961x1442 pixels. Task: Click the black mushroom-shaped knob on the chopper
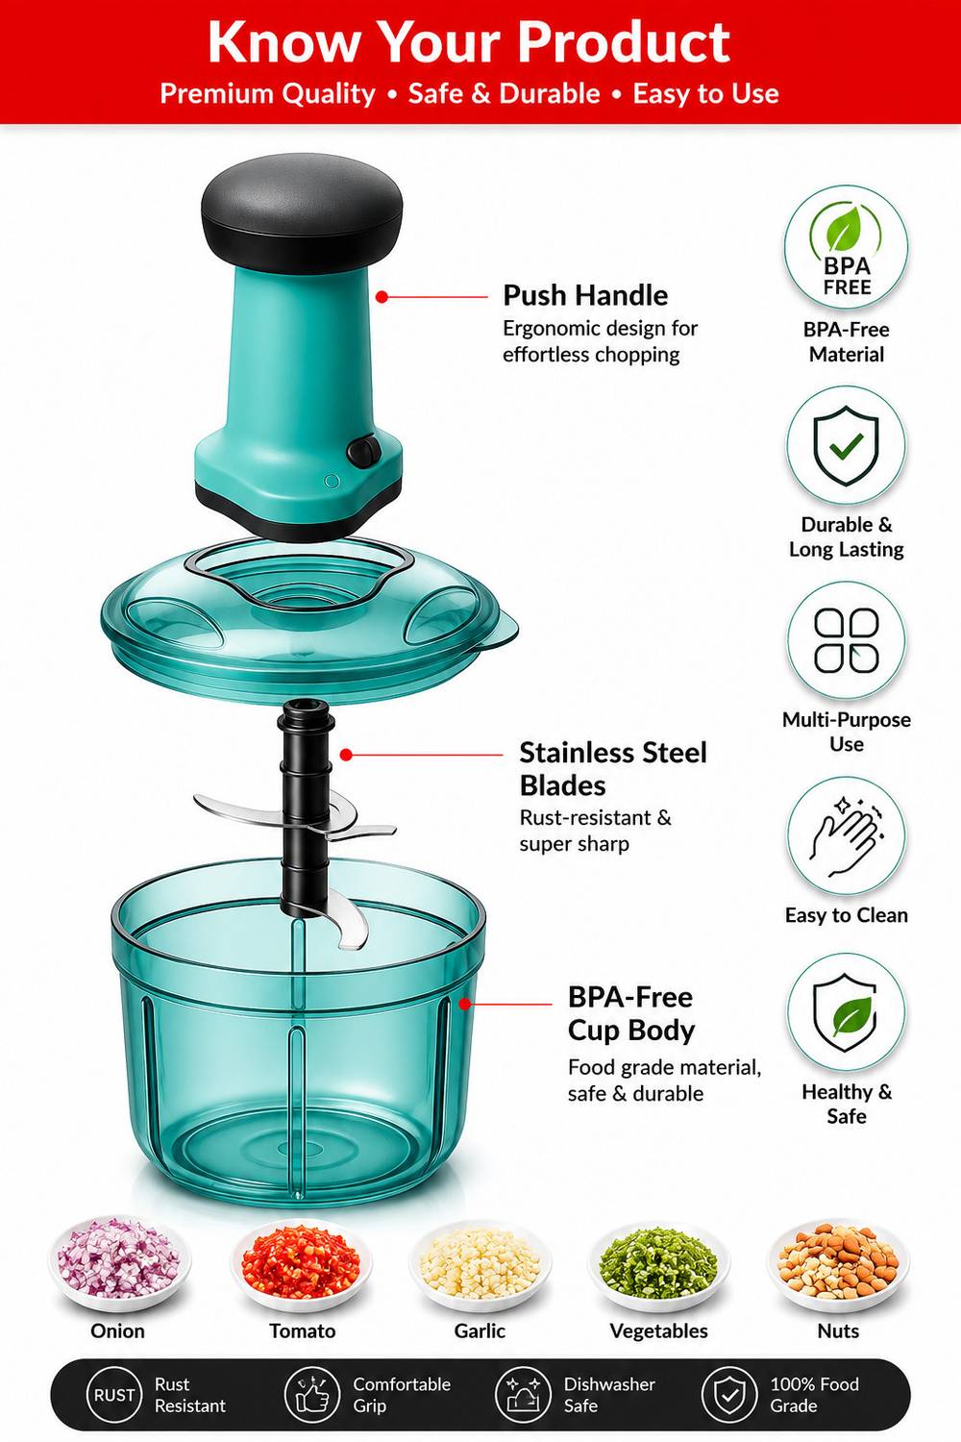click(x=302, y=212)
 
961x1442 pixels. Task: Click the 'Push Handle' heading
click(x=585, y=296)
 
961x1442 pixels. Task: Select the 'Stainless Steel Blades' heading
click(x=613, y=769)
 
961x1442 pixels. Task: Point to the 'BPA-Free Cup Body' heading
click(x=630, y=1014)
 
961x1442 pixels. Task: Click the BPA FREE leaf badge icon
click(x=846, y=248)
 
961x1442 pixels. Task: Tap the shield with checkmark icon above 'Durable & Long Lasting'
click(x=846, y=444)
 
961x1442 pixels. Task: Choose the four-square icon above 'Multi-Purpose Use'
click(x=846, y=640)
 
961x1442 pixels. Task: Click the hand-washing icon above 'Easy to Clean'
click(x=846, y=835)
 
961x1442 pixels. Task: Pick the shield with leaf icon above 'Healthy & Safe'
click(x=846, y=1013)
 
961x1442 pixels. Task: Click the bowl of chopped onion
click(x=119, y=1260)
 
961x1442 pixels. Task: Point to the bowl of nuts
click(x=838, y=1260)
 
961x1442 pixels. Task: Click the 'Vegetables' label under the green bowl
click(x=658, y=1331)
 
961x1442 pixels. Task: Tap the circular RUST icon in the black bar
click(x=114, y=1395)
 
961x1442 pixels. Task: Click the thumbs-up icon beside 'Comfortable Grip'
click(x=312, y=1395)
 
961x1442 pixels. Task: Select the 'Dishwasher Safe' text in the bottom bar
click(x=609, y=1395)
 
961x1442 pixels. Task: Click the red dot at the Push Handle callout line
click(x=382, y=297)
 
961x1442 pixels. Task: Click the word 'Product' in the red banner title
click(x=623, y=42)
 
